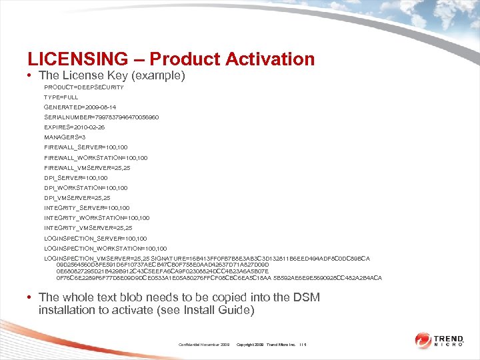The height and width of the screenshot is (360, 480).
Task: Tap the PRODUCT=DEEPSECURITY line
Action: pyautogui.click(x=83, y=87)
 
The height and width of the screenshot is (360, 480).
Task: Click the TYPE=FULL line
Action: pyautogui.click(x=61, y=97)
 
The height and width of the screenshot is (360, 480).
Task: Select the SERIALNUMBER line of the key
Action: pyautogui.click(x=101, y=117)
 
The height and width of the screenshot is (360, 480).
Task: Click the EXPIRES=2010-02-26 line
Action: pyautogui.click(x=75, y=127)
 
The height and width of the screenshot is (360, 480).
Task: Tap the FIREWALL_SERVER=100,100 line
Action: pyautogui.click(x=86, y=147)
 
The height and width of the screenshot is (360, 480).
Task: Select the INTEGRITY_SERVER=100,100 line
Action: pyautogui.click(x=87, y=207)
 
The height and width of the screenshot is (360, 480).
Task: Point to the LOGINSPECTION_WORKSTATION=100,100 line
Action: pyautogui.click(x=105, y=247)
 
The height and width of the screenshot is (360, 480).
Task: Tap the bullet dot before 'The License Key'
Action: pyautogui.click(x=31, y=76)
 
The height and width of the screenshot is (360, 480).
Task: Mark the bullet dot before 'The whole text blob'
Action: pyautogui.click(x=31, y=297)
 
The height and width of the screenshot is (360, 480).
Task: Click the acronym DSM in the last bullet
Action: pyautogui.click(x=307, y=297)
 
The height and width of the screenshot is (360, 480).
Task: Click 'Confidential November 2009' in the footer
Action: pyautogui.click(x=204, y=345)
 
